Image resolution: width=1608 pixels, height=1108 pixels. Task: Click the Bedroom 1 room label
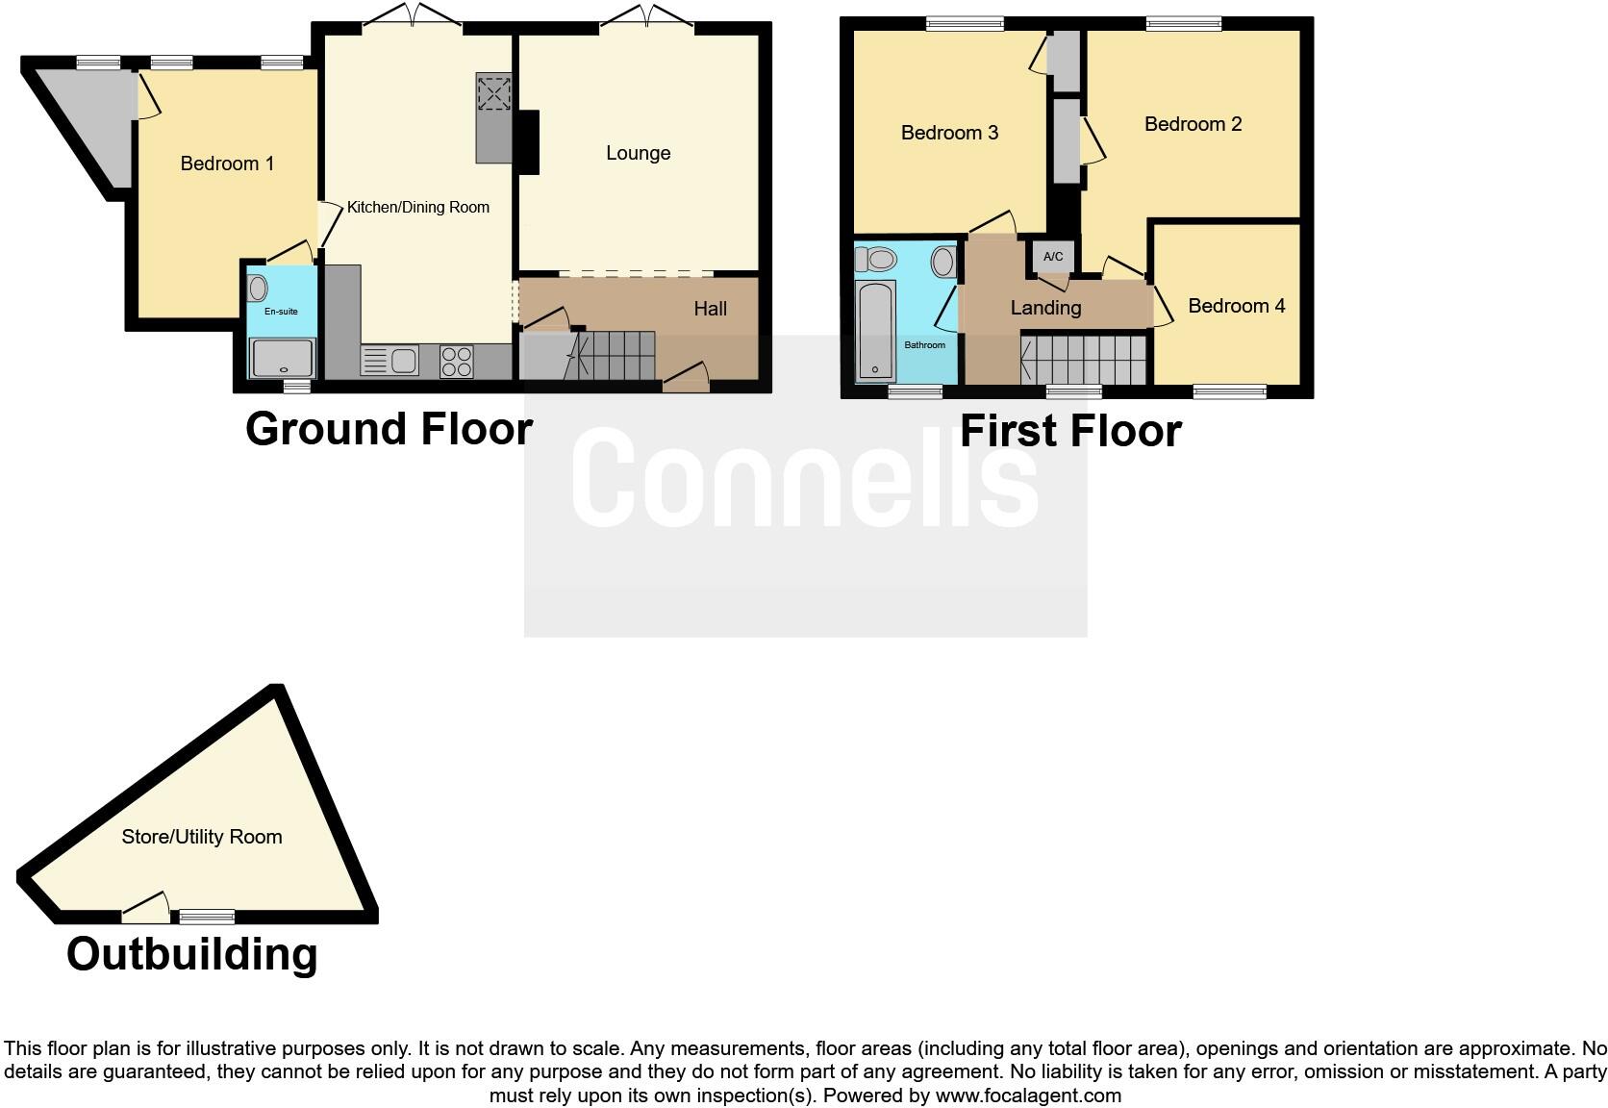pos(227,164)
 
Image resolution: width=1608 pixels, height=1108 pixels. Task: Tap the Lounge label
pos(638,153)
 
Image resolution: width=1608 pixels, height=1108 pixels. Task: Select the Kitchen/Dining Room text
pos(417,207)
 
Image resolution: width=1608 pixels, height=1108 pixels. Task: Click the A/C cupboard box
pos(1053,257)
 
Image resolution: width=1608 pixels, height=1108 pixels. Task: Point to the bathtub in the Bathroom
pos(875,329)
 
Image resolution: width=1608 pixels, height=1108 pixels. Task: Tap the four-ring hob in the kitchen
pos(457,361)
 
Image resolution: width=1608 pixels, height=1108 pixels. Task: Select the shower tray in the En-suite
pos(282,358)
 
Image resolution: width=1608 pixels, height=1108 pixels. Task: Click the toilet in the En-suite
pos(257,288)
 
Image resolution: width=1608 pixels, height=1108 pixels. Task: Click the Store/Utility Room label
pos(202,837)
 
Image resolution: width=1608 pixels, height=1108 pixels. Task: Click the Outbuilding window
pos(207,916)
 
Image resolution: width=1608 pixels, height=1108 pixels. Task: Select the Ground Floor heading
pos(389,428)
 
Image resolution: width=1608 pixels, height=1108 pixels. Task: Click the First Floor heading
pos(1070,430)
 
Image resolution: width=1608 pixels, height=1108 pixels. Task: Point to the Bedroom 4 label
pos(1236,306)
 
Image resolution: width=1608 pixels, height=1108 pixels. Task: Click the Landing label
pos(1045,308)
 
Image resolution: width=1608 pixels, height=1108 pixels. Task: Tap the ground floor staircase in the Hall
pos(616,356)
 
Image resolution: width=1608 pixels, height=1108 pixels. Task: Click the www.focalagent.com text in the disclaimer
pos(1027,1095)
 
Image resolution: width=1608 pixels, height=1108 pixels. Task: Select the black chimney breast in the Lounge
pos(528,142)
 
